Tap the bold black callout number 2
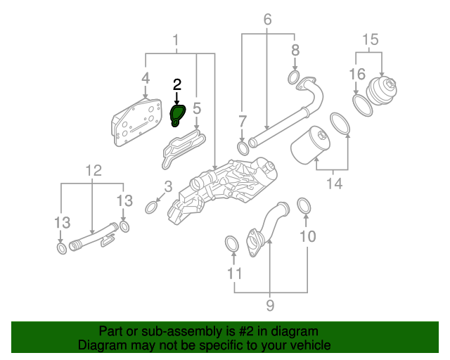point(177,84)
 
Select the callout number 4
point(146,78)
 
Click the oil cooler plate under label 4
point(136,122)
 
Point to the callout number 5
point(197,109)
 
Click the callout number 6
point(267,20)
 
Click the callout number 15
point(371,39)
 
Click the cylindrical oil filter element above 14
point(310,144)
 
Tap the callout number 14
point(335,184)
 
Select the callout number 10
point(308,236)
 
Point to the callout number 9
point(270,305)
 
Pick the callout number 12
point(94,171)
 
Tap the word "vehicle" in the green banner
point(311,345)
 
